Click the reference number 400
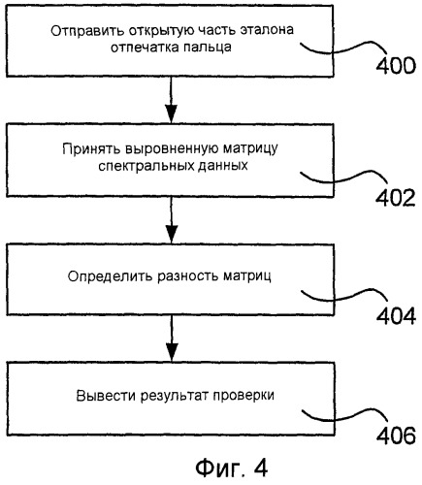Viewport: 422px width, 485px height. click(x=395, y=66)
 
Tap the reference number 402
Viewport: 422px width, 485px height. click(x=395, y=197)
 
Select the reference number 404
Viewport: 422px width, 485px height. click(x=396, y=315)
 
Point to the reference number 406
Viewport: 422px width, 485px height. click(x=396, y=436)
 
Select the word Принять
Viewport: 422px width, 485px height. click(x=91, y=149)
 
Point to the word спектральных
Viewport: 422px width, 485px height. click(x=143, y=167)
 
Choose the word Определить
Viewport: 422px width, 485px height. click(x=111, y=276)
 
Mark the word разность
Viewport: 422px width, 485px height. click(x=188, y=276)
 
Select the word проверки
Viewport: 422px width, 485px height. click(x=243, y=396)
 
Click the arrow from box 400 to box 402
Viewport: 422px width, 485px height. click(x=171, y=100)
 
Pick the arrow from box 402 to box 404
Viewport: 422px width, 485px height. click(x=171, y=219)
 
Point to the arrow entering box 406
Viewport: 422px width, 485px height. click(x=172, y=339)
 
